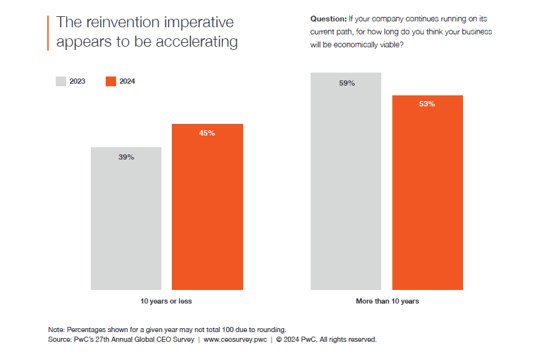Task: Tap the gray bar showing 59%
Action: point(346,181)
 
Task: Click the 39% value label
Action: point(126,157)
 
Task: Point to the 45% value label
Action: point(207,134)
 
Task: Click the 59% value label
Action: point(346,83)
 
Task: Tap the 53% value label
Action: point(427,104)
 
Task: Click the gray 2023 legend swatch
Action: point(60,81)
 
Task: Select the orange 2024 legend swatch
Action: point(110,81)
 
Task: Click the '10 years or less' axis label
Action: point(166,301)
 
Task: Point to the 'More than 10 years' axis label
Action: point(387,301)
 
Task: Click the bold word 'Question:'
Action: point(328,19)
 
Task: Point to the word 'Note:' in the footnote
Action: point(56,329)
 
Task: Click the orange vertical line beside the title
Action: point(48,32)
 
